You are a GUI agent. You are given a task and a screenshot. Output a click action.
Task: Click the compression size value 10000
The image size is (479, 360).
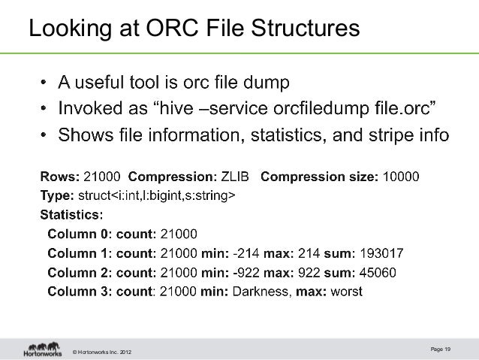coord(401,177)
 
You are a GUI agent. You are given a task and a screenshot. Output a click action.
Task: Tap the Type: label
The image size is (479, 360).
coord(56,196)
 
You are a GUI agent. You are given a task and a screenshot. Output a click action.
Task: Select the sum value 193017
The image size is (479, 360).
coord(384,253)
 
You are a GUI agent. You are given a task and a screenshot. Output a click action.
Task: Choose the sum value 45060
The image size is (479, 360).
coord(379,271)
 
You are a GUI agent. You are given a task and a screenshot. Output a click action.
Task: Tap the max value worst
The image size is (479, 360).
coord(345,290)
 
